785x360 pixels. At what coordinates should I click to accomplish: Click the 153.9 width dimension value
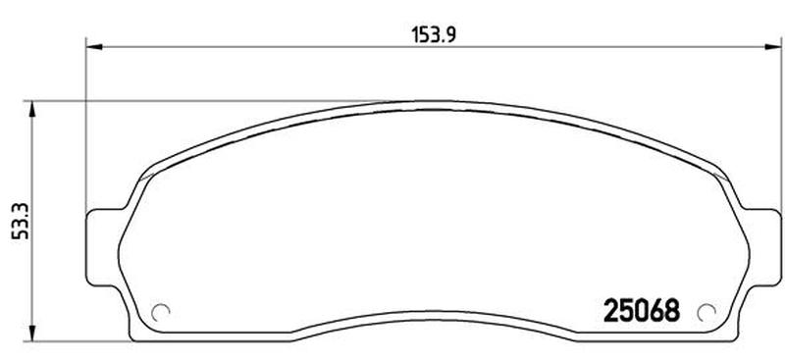point(434,35)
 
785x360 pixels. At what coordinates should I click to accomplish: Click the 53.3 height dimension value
point(21,222)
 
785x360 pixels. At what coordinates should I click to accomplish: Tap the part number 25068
point(642,310)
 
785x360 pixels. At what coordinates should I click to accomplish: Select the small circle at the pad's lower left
point(161,313)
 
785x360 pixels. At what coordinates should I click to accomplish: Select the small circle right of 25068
point(706,313)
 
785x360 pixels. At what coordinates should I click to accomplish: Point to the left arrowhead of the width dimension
point(94,47)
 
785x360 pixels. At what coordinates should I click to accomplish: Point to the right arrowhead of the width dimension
point(772,47)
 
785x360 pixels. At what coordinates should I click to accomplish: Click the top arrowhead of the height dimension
point(32,109)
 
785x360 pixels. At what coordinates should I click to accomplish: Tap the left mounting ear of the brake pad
point(104,247)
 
